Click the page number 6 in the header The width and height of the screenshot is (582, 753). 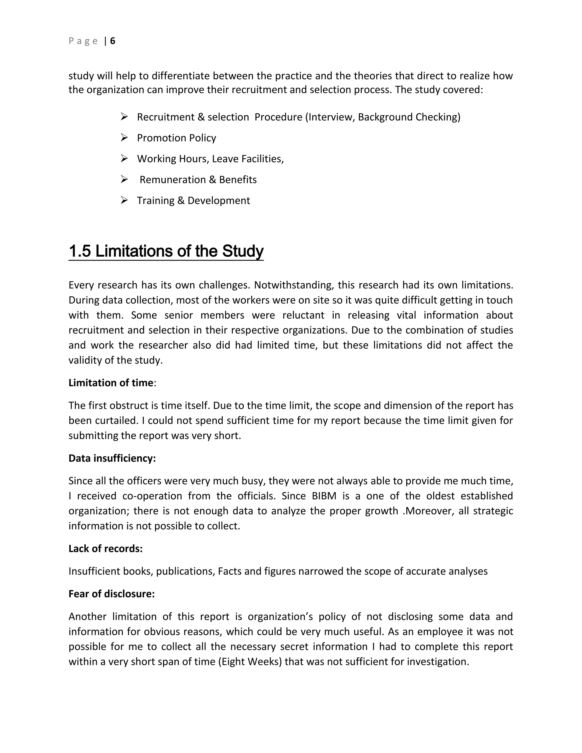[x=113, y=41]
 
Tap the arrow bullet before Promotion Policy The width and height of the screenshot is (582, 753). [x=124, y=138]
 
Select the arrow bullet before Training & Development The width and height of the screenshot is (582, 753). [x=124, y=200]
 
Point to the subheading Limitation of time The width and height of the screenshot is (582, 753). [x=111, y=383]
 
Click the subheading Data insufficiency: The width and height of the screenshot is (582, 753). [x=112, y=458]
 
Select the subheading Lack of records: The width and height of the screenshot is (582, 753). [x=105, y=548]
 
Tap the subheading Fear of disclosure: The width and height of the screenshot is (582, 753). [x=111, y=594]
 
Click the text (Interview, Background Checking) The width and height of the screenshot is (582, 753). [x=383, y=117]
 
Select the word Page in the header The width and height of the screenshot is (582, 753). [x=83, y=41]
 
